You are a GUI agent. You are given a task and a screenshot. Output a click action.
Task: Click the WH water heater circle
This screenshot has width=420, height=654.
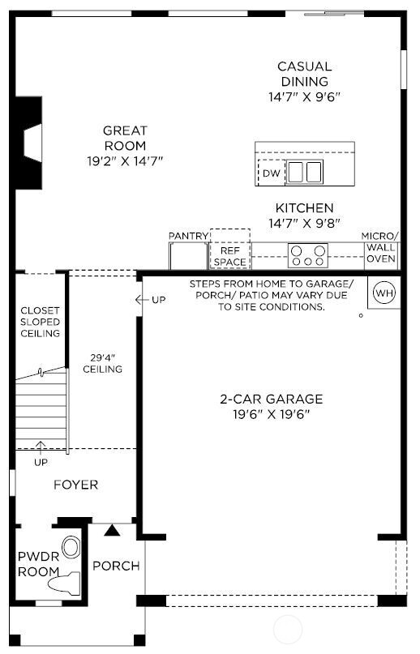pos(384,293)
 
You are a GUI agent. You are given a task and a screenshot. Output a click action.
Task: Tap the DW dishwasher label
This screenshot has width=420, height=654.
pos(272,173)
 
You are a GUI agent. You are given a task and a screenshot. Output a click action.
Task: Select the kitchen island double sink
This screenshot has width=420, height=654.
pos(306,173)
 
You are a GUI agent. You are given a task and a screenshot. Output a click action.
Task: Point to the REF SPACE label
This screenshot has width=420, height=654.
pos(229,257)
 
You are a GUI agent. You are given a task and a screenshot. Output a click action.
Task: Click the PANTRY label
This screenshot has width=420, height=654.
pos(189,236)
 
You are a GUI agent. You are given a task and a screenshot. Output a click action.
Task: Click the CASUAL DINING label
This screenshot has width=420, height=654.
pos(304,74)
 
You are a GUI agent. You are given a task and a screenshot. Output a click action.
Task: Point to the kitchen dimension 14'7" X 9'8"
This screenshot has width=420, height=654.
pos(304,222)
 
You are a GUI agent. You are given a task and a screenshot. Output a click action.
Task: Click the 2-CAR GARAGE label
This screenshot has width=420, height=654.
pos(272,399)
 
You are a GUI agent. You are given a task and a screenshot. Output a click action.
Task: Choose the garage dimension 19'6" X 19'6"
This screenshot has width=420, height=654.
pos(272,414)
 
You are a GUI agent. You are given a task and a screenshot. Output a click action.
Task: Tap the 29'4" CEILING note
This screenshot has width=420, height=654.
pos(102,363)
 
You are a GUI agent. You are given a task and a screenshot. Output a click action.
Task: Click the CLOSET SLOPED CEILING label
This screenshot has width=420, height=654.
pos(41,322)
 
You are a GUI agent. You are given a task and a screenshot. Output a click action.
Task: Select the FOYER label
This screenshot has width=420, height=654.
pos(76,485)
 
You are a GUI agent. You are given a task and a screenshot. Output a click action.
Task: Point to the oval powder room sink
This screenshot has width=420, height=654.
pos(71,546)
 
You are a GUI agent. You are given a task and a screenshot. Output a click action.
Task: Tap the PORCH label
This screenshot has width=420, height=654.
pos(115,566)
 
